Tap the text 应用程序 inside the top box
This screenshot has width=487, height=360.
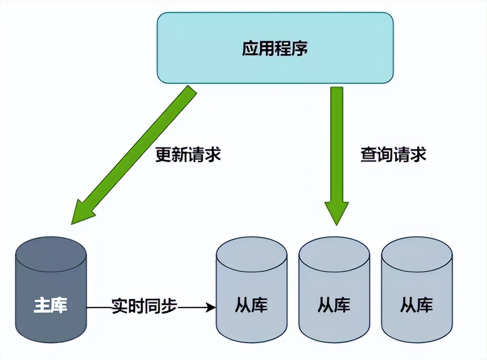click(x=275, y=48)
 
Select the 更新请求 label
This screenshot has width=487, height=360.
click(x=188, y=154)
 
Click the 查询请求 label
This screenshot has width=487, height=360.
click(x=393, y=154)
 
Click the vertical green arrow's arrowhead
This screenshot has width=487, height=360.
click(x=336, y=212)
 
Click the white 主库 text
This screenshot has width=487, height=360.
click(x=51, y=305)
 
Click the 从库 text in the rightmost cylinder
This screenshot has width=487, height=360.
click(x=417, y=305)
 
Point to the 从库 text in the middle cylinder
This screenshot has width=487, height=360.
click(x=334, y=305)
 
